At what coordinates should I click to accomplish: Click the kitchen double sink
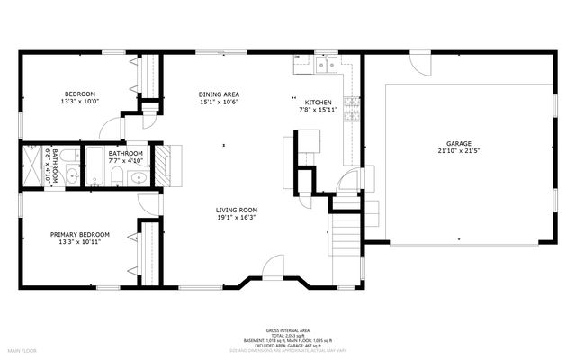pos(326,64)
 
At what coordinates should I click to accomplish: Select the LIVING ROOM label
pos(237,209)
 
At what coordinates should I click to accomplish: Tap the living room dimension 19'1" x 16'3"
pos(237,217)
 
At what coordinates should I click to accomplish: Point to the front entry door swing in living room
pos(274,267)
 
